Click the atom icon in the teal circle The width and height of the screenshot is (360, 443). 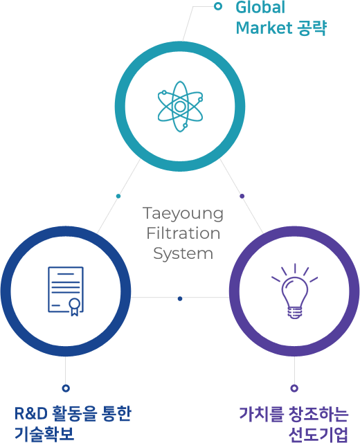pos(180,107)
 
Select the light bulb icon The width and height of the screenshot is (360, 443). pos(294,291)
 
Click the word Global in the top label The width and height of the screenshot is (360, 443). pos(260,8)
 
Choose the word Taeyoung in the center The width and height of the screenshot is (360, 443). pos(183,214)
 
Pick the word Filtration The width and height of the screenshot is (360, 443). pos(183,233)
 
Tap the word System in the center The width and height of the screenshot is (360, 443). pos(183,253)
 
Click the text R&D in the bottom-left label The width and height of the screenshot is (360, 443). pos(30,413)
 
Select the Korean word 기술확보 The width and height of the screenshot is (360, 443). pos(44,434)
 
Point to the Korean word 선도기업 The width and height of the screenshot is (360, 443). pos(318,434)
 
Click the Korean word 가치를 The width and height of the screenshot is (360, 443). pos(262,414)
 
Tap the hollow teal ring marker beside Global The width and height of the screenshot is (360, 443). pos(218,6)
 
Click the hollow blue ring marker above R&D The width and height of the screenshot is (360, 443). pos(66,388)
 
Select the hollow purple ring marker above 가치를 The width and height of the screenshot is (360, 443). pos(294,388)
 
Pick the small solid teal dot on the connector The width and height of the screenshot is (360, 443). pos(118,196)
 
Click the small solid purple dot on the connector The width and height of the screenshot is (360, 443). pos(242,196)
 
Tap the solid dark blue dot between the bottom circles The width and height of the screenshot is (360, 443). pos(180,298)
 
